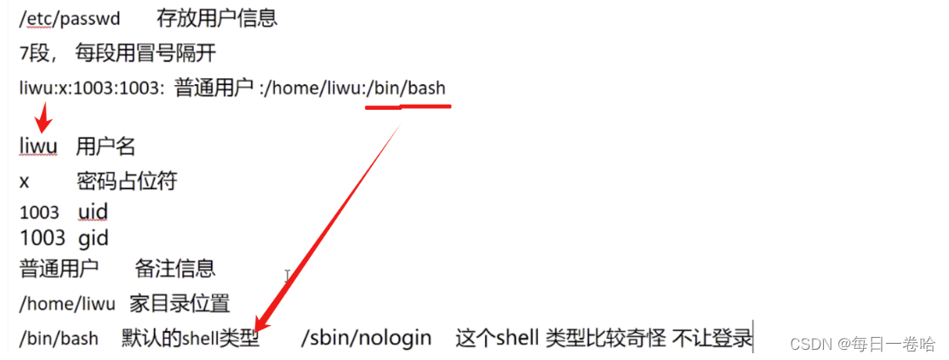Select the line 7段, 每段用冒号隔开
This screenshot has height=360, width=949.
[117, 54]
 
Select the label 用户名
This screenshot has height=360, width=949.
[106, 146]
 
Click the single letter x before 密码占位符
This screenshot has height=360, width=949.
[24, 181]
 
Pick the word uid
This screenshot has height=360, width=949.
[93, 212]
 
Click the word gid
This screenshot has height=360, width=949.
[94, 237]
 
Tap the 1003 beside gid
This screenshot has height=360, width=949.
[43, 237]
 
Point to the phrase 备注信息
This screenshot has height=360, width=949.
[174, 269]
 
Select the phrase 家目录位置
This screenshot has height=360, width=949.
[180, 304]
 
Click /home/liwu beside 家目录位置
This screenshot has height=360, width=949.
[67, 304]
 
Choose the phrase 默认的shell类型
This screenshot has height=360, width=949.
[190, 339]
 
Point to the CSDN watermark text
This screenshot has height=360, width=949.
[862, 344]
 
